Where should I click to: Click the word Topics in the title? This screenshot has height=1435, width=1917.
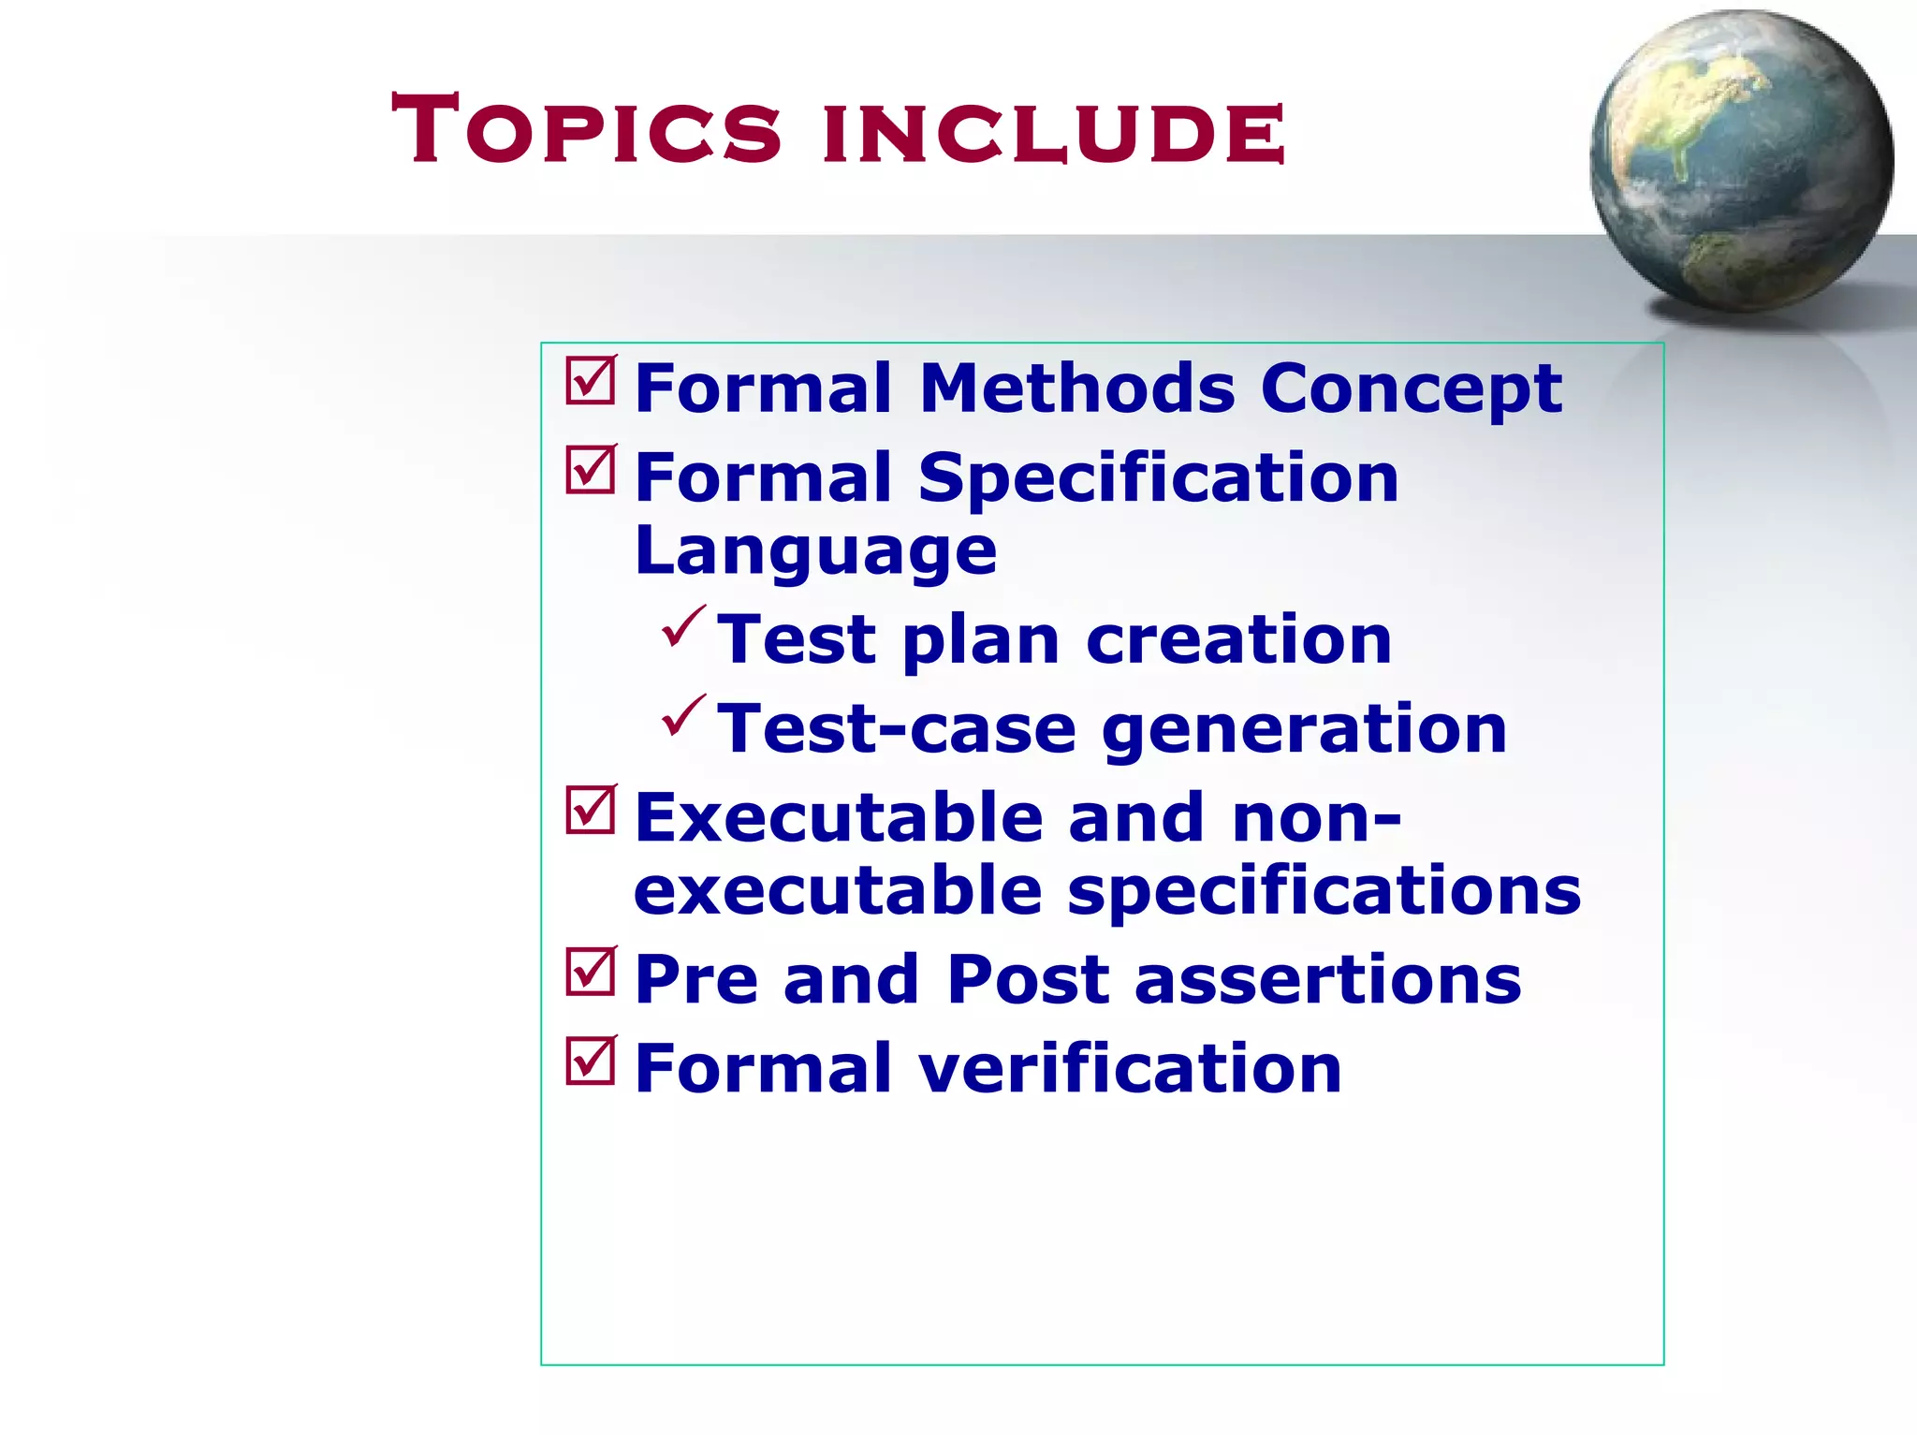(586, 129)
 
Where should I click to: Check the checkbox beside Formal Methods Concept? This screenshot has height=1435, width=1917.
(591, 381)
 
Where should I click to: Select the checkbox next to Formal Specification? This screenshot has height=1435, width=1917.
(591, 470)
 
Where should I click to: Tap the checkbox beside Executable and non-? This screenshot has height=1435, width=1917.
(591, 810)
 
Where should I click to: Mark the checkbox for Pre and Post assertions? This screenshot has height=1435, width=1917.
(591, 972)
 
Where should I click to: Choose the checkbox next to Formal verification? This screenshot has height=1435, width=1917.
(591, 1061)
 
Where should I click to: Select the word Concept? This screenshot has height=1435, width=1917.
(1411, 389)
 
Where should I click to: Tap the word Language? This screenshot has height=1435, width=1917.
(815, 552)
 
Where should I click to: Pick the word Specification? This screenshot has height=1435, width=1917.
(1158, 479)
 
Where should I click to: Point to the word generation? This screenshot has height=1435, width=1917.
(1304, 731)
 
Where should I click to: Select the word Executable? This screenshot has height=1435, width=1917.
(839, 817)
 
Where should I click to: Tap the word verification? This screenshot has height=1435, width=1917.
(1130, 1069)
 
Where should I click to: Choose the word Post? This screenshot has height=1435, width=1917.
(1028, 980)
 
